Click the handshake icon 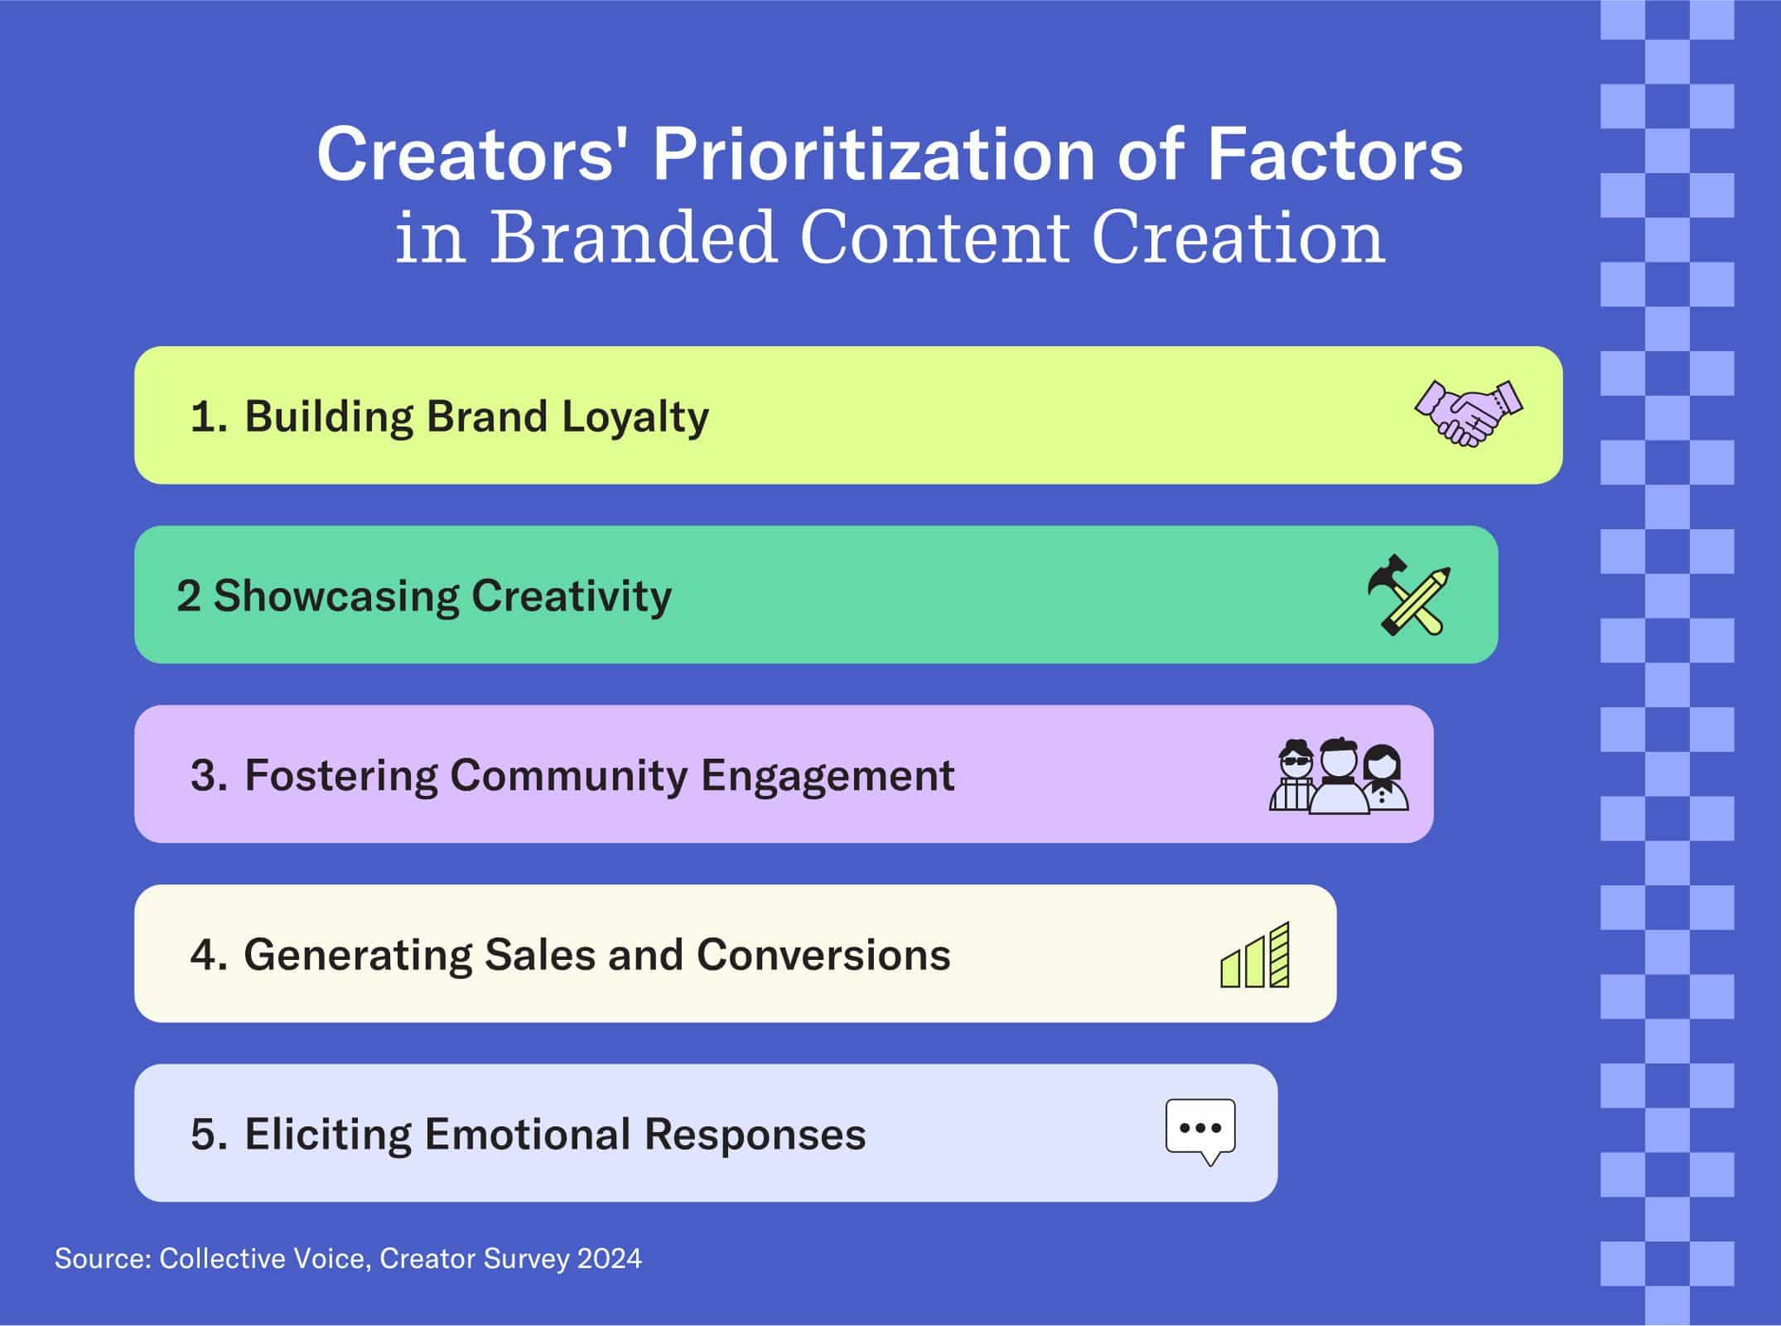[x=1469, y=414]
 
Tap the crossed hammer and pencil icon [x=1409, y=595]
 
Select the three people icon [x=1339, y=775]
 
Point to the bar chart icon [x=1255, y=954]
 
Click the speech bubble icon [x=1200, y=1132]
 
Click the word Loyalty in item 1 [x=635, y=417]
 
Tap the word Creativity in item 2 [x=572, y=597]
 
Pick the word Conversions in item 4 [x=823, y=955]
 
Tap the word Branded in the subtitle [x=634, y=238]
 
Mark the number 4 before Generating [x=204, y=955]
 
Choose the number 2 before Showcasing [x=188, y=596]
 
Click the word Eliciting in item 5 [x=327, y=1134]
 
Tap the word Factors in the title [x=1335, y=155]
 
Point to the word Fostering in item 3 [x=340, y=776]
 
